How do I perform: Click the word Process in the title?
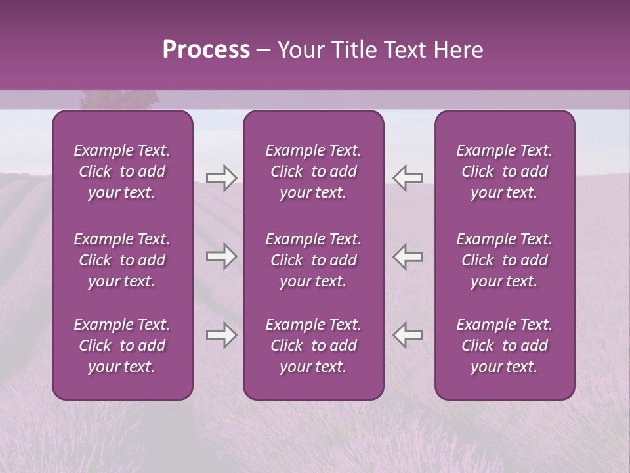click(x=206, y=50)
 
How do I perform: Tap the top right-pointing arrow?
click(x=221, y=178)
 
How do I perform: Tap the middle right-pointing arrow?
click(x=221, y=256)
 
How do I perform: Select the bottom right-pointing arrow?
click(x=221, y=335)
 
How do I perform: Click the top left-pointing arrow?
click(x=408, y=178)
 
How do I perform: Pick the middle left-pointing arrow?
click(x=408, y=256)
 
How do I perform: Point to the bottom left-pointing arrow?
click(x=408, y=335)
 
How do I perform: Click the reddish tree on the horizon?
click(x=119, y=99)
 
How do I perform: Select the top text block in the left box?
click(x=122, y=171)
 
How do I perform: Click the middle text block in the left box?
click(x=122, y=260)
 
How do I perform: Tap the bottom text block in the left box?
click(x=122, y=346)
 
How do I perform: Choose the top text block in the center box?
click(x=314, y=171)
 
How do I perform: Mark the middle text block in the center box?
click(x=314, y=260)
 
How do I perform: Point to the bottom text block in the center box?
click(x=314, y=346)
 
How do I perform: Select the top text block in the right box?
click(x=505, y=171)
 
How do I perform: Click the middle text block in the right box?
click(x=505, y=260)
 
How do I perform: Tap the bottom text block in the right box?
click(x=505, y=346)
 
